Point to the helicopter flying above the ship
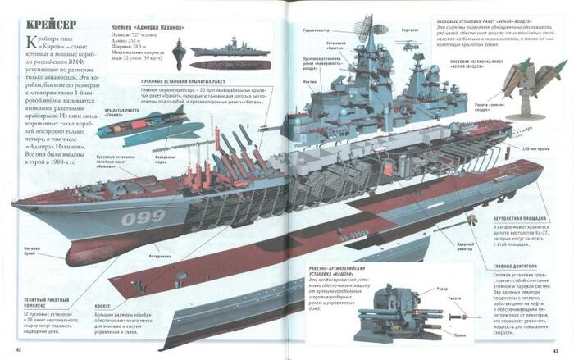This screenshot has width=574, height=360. (408, 47)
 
